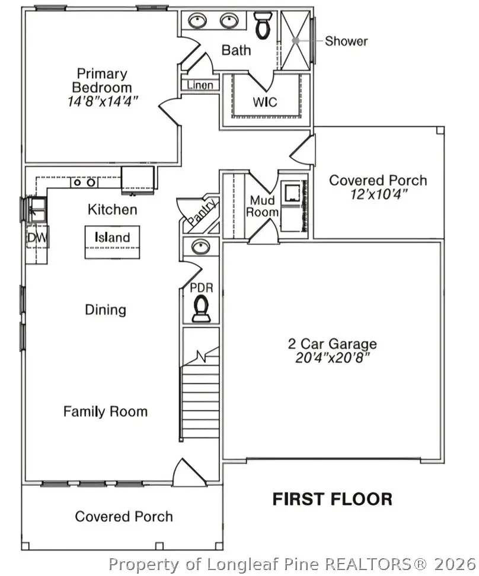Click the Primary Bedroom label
click(102, 81)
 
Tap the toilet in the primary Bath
click(261, 25)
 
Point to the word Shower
click(346, 41)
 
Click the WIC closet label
click(265, 102)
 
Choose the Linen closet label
click(200, 85)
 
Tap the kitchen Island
click(112, 238)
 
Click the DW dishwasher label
click(36, 238)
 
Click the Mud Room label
click(264, 206)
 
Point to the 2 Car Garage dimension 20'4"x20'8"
click(332, 358)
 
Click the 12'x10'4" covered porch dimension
click(378, 194)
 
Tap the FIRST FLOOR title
click(332, 499)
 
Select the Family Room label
click(106, 411)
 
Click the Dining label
click(106, 309)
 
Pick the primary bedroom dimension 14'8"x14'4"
click(103, 101)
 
